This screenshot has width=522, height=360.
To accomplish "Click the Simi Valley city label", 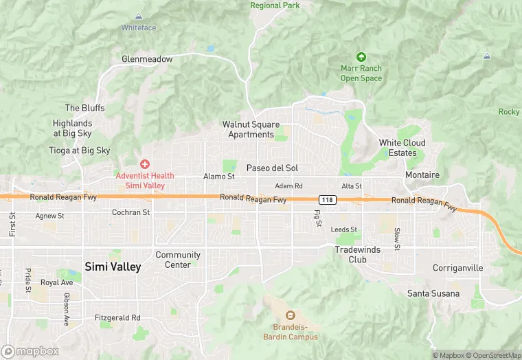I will (x=113, y=267).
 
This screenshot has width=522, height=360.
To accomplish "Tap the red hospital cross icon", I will (x=145, y=164).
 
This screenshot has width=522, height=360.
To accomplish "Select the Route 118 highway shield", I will (x=328, y=200).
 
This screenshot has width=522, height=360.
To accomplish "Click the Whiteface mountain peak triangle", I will (x=139, y=16).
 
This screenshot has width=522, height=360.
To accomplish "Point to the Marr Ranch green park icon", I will (x=361, y=57).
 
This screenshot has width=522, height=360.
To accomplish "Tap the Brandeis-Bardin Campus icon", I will (x=290, y=315).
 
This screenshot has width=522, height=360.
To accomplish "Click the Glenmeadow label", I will (x=147, y=59).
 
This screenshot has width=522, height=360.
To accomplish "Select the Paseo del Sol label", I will (x=272, y=168).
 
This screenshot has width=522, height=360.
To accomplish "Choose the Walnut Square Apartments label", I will (x=251, y=129).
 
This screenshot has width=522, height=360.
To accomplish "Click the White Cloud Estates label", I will (x=402, y=148).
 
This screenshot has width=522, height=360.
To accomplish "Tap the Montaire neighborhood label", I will (x=422, y=175).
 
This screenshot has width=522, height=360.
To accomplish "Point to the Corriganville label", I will (x=458, y=267).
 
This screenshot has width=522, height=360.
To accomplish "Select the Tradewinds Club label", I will (x=357, y=254).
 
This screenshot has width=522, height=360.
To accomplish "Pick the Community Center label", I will (x=178, y=260).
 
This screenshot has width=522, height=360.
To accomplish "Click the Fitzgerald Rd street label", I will (x=117, y=317).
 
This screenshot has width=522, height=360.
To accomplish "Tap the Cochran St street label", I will (x=130, y=213).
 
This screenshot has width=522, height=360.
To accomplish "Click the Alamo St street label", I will (x=219, y=177).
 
